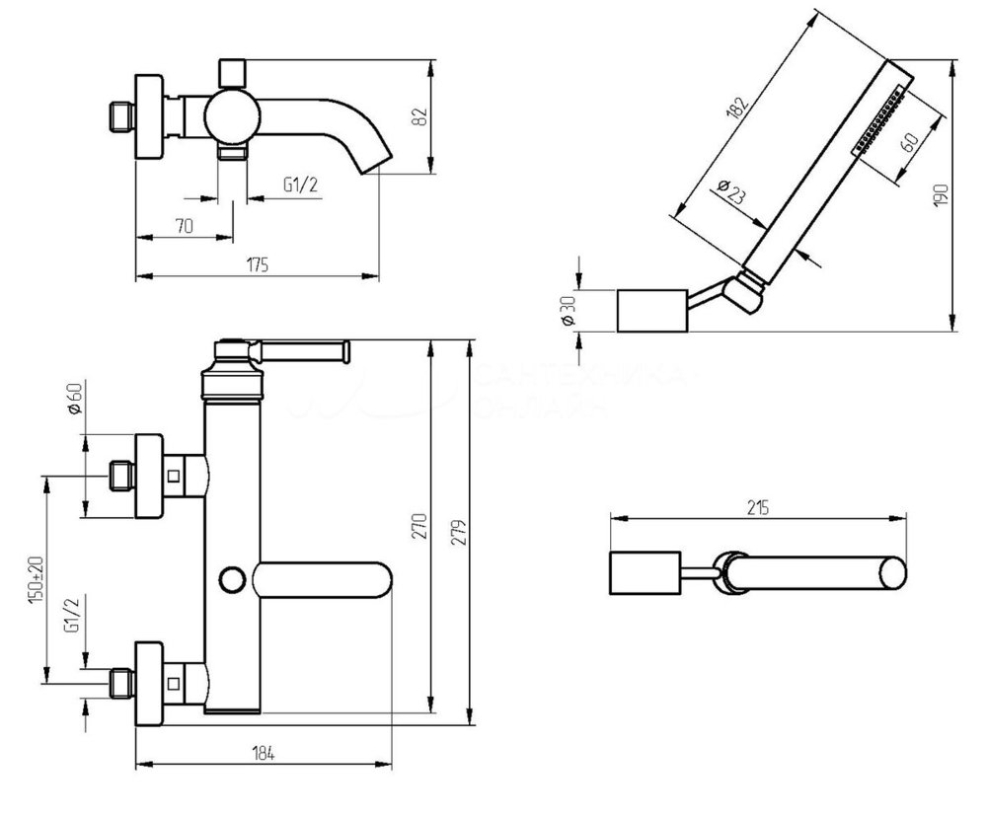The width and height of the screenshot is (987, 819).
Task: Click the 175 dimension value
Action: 258,264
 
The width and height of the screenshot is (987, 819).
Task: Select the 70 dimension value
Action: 183,226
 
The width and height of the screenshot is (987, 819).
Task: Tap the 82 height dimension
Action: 419,115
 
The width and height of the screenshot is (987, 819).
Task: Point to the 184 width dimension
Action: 263,753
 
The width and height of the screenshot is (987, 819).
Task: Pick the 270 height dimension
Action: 420,524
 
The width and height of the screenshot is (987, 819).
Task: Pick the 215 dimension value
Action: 758,507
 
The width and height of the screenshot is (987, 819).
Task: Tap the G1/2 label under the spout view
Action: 300,184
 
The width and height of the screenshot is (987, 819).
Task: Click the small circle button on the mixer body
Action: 233,578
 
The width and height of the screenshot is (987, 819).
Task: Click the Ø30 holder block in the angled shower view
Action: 650,312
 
